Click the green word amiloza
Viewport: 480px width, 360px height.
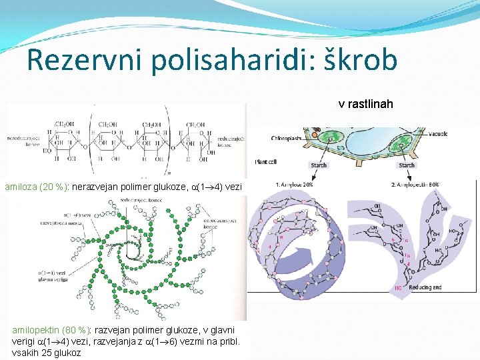(23, 187)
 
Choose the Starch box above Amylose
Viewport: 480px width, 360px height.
(319, 165)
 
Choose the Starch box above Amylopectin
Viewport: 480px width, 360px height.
(406, 165)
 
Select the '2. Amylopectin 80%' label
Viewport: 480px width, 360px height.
(414, 184)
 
